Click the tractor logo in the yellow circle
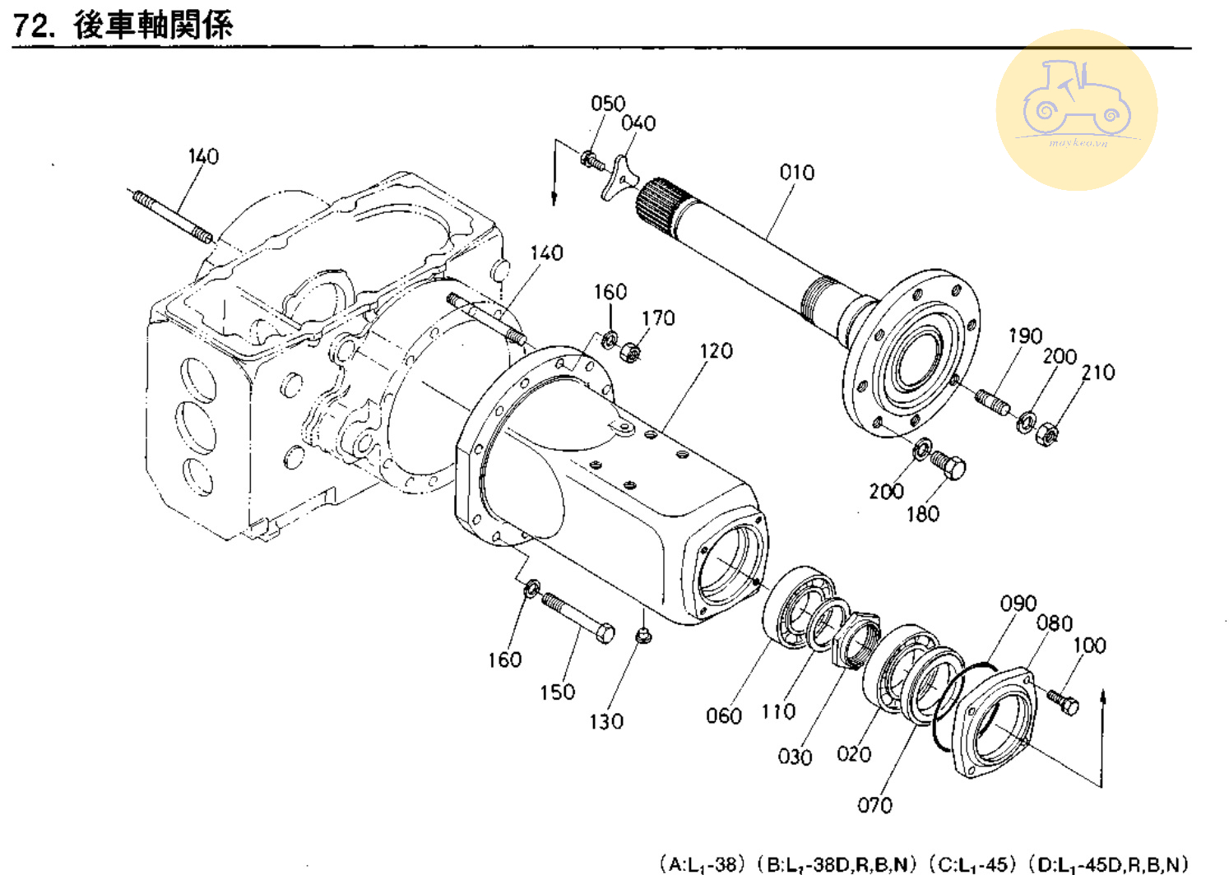pyautogui.click(x=1076, y=99)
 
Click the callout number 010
pyautogui.click(x=796, y=173)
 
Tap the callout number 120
pyautogui.click(x=716, y=351)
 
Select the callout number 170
pyautogui.click(x=658, y=318)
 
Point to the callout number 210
pyautogui.click(x=1097, y=373)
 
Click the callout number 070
pyautogui.click(x=874, y=805)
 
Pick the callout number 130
pyautogui.click(x=605, y=722)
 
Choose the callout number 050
pyautogui.click(x=608, y=104)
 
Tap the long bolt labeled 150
pyautogui.click(x=579, y=618)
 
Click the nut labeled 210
pyautogui.click(x=1046, y=432)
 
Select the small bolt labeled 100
pyautogui.click(x=1063, y=701)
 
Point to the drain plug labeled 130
pyautogui.click(x=643, y=635)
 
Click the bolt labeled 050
pyautogui.click(x=591, y=160)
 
